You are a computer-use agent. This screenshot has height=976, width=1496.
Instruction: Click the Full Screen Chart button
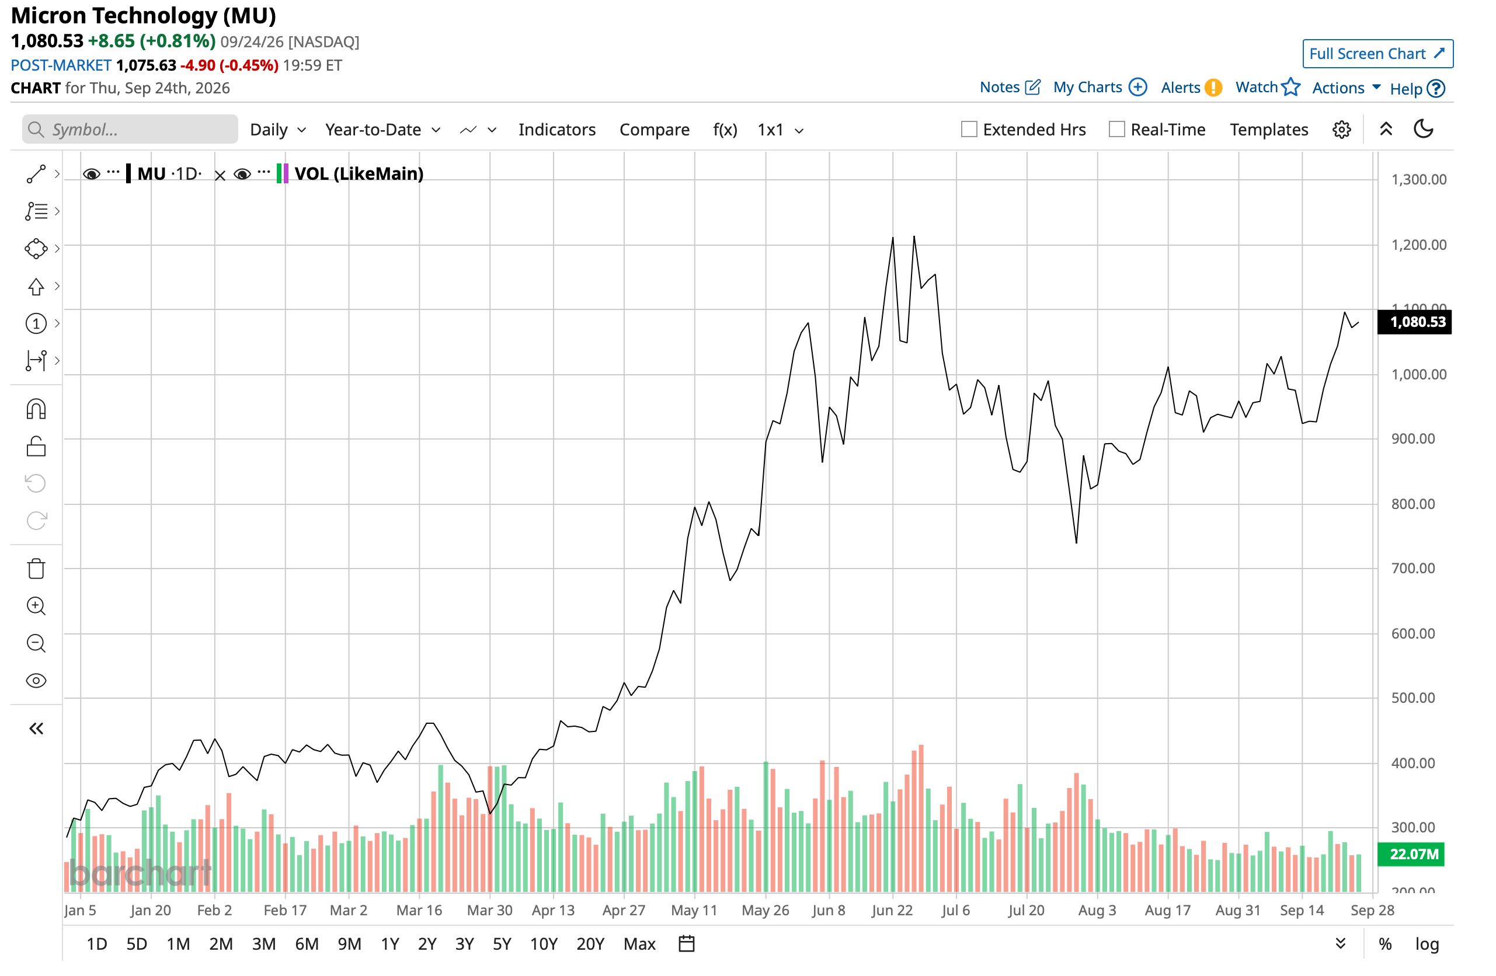pos(1377,54)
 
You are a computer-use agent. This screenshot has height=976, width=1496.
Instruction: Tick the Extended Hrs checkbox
pos(969,130)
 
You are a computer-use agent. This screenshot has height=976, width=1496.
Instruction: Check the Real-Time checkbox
pos(1117,130)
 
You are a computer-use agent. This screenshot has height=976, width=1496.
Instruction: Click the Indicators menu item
pos(557,130)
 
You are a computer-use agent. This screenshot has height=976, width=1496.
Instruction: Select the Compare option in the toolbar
pos(655,130)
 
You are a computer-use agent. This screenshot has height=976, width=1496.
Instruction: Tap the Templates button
pos(1269,130)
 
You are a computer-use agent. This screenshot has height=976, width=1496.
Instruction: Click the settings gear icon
pos(1341,130)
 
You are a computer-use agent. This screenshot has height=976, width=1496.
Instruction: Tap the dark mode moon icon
pos(1423,129)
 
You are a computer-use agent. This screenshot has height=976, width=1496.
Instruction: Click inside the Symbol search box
pos(130,130)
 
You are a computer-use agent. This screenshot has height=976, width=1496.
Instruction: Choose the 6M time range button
pos(307,944)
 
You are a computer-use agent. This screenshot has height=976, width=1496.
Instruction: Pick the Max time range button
pos(639,944)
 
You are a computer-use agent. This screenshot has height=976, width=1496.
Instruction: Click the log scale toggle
pos(1427,944)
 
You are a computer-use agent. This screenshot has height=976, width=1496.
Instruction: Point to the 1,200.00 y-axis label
pos(1419,245)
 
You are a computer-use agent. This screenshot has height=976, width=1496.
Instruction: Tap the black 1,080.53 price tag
pos(1414,322)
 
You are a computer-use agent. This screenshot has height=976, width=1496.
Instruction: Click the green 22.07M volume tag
pos(1411,854)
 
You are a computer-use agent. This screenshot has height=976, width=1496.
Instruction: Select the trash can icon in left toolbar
pos(36,568)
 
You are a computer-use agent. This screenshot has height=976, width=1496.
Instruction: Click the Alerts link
pos(1191,88)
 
